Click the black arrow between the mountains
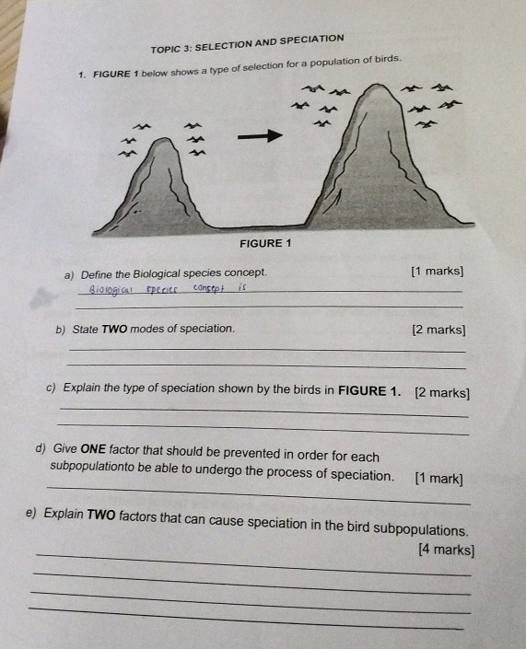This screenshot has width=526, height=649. tap(259, 136)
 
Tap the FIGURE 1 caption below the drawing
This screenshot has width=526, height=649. tap(264, 243)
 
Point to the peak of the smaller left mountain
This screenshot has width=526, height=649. tap(165, 142)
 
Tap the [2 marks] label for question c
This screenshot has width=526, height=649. tap(442, 393)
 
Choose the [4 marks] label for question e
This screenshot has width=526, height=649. tap(446, 550)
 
